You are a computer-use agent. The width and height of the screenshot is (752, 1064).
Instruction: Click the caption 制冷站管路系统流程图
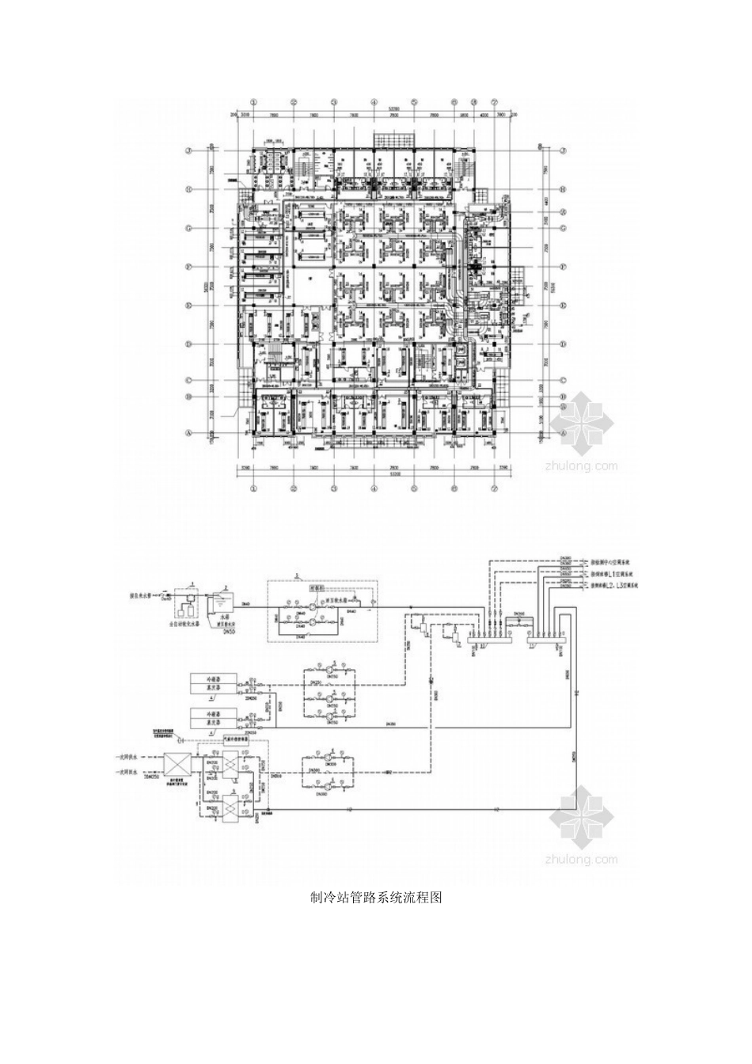pos(375,897)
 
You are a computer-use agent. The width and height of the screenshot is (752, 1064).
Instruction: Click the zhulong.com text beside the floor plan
pos(581,465)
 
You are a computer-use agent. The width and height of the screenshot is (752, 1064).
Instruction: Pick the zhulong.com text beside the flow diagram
pos(581,858)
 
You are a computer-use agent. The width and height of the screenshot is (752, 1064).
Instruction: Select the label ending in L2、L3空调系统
pos(620,585)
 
